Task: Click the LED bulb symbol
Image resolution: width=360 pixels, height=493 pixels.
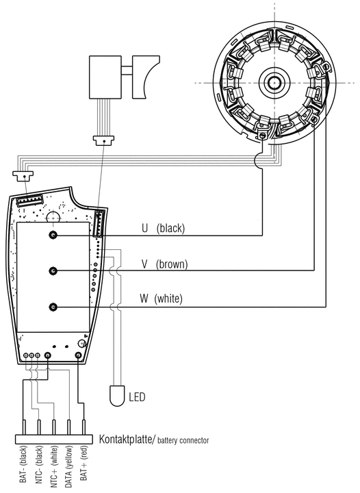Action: click(117, 396)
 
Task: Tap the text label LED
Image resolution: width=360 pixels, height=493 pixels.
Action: click(138, 397)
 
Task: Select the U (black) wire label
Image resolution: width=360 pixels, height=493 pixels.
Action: click(163, 228)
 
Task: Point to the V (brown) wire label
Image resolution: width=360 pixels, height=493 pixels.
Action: click(164, 264)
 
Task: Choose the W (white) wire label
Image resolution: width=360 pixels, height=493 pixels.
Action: click(161, 298)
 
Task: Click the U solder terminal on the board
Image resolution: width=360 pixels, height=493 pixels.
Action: click(53, 235)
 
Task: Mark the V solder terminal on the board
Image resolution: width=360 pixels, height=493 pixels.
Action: click(53, 270)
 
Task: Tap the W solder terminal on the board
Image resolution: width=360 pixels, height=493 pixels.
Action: click(53, 307)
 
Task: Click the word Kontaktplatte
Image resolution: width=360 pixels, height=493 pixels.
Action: click(126, 439)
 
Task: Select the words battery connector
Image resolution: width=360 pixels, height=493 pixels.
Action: click(183, 440)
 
